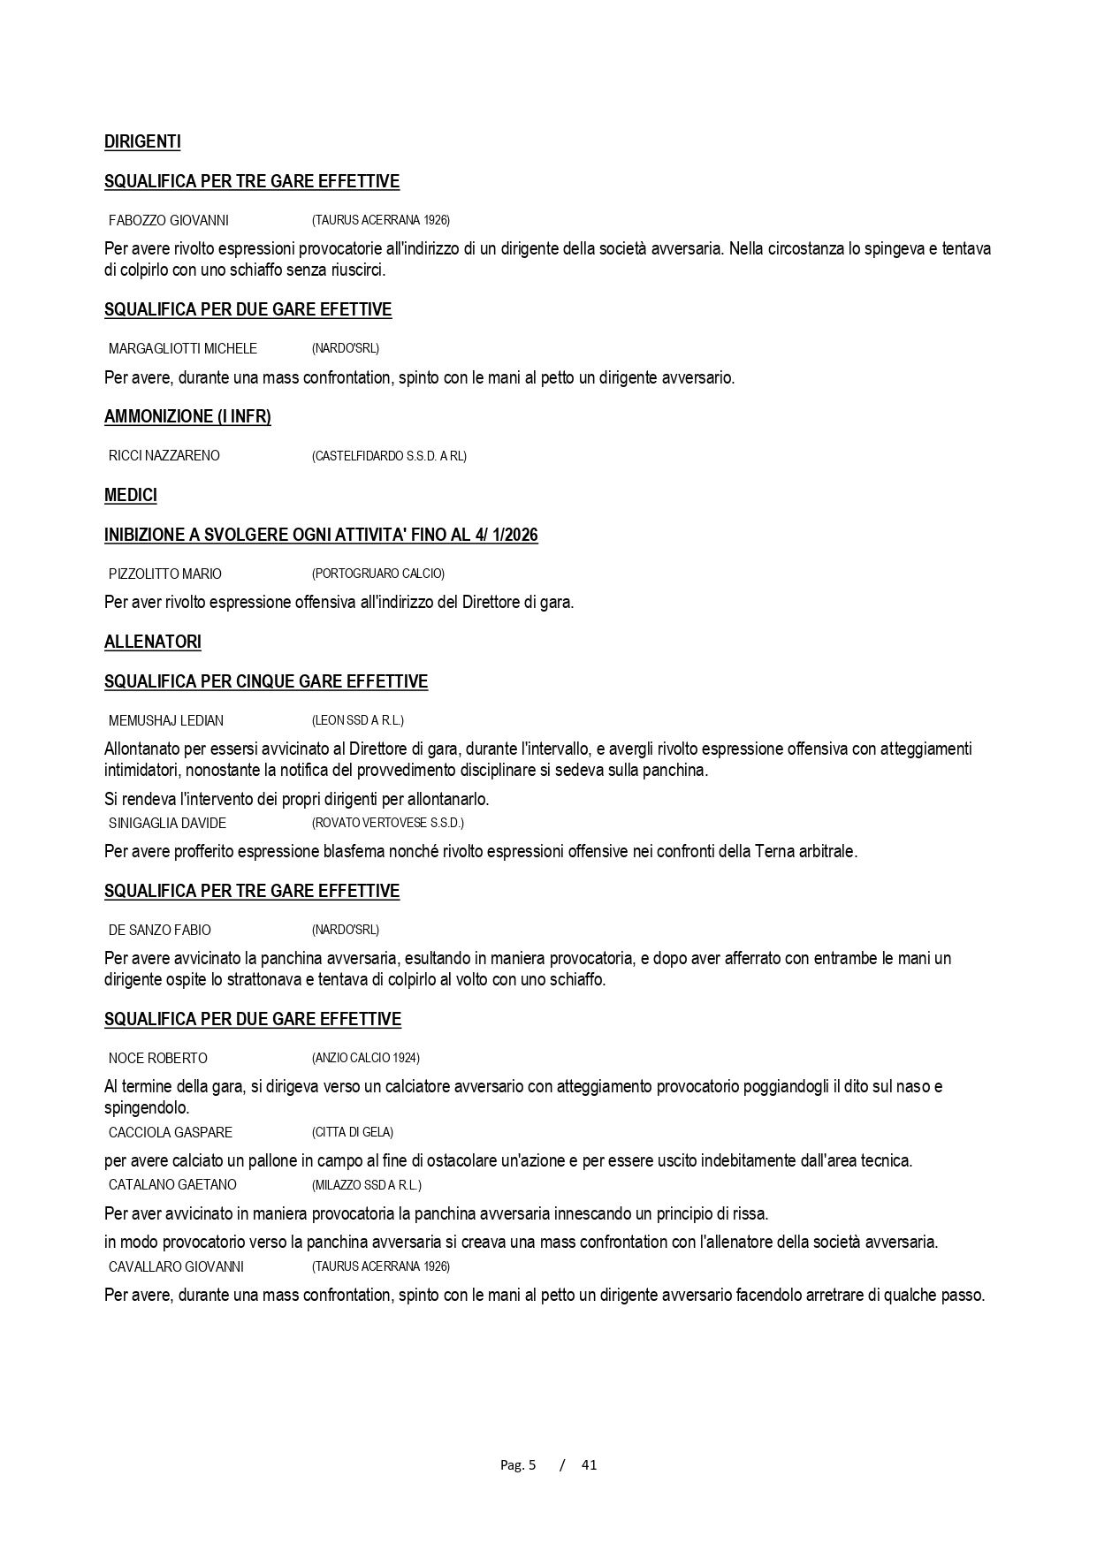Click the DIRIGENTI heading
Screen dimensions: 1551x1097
(142, 141)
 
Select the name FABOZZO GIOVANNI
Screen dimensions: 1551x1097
(168, 220)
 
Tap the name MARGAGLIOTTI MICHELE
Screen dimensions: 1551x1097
(182, 348)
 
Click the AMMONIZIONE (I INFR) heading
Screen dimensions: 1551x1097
(187, 416)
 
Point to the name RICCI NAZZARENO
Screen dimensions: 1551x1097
(164, 456)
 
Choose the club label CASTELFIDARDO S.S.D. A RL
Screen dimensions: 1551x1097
(389, 456)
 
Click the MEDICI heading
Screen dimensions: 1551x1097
(131, 495)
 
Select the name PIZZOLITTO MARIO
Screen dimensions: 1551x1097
(164, 574)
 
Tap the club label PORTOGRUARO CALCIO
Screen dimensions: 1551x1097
(378, 574)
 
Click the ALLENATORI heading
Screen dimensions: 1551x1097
(153, 642)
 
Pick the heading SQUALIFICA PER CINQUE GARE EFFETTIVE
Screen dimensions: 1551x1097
(266, 681)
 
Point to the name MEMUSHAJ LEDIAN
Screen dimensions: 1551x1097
(165, 720)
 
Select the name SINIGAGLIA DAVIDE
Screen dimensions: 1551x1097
(167, 823)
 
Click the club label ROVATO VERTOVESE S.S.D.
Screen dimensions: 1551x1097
(388, 823)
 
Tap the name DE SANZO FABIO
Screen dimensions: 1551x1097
(159, 930)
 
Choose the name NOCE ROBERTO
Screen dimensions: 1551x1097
(157, 1058)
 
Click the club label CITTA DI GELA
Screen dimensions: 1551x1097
(353, 1132)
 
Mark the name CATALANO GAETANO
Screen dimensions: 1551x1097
(172, 1184)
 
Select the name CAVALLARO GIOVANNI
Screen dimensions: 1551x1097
(176, 1266)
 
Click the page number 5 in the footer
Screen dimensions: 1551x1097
(532, 1464)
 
